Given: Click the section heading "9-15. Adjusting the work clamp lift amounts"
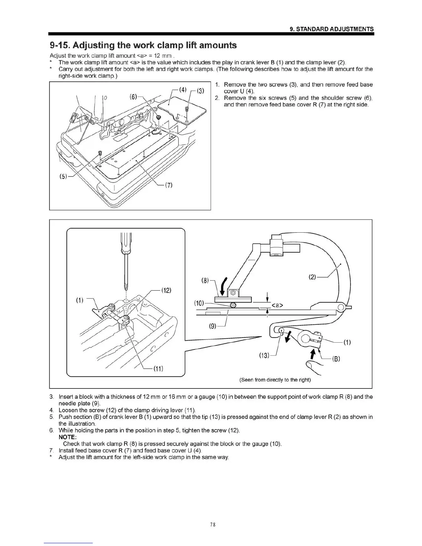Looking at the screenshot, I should click(x=143, y=45).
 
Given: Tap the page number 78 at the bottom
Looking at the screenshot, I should click(x=212, y=525).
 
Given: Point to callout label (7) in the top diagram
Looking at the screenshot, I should click(x=169, y=185).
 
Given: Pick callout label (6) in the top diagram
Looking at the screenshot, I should click(x=134, y=97).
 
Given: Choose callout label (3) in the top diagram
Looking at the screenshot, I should click(x=200, y=91).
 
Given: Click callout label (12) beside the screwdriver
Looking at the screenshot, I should click(x=166, y=290).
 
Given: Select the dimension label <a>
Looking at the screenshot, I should click(x=278, y=305).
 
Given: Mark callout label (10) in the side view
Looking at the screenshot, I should click(x=199, y=303).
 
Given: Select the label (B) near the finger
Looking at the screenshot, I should click(x=336, y=359).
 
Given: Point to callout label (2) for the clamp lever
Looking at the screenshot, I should click(x=312, y=277).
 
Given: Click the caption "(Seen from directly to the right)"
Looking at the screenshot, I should click(x=275, y=380).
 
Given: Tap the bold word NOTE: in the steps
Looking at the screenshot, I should click(x=69, y=437).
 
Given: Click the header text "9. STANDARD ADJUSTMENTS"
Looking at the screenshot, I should click(x=332, y=29).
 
